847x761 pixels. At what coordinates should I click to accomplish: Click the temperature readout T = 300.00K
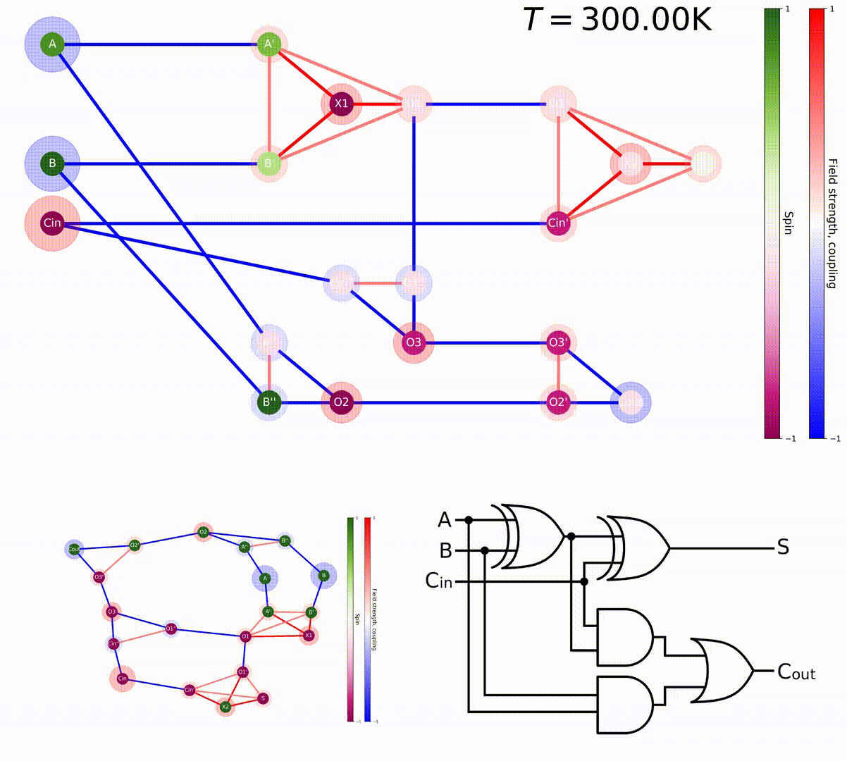[617, 20]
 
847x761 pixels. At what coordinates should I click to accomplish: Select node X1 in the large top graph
[341, 104]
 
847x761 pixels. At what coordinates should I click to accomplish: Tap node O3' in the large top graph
[557, 343]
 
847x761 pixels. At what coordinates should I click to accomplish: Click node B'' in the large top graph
[270, 403]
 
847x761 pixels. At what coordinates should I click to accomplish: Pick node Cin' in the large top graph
[557, 223]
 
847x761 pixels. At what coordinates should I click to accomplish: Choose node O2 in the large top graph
[341, 403]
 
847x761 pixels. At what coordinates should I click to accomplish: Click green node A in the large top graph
[52, 45]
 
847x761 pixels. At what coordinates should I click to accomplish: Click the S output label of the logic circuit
[783, 547]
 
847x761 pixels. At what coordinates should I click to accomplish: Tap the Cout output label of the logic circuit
[796, 672]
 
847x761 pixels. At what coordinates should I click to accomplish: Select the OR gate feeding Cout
[722, 671]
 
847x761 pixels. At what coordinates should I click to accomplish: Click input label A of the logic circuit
[444, 520]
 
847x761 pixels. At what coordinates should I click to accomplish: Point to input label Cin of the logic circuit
[438, 581]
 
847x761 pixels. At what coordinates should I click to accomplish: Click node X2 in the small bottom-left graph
[225, 706]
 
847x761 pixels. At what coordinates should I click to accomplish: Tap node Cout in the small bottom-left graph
[74, 549]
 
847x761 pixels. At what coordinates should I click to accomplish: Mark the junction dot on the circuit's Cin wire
[584, 581]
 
